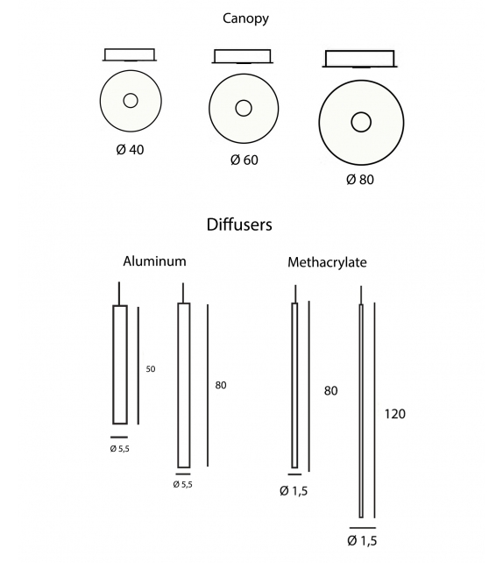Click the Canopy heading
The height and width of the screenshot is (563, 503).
(x=245, y=18)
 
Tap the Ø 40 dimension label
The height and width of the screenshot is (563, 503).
(x=130, y=149)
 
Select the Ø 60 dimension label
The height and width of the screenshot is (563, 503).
(x=244, y=160)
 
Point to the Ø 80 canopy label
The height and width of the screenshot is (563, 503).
(x=360, y=179)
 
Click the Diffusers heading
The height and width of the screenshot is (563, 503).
(x=239, y=224)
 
